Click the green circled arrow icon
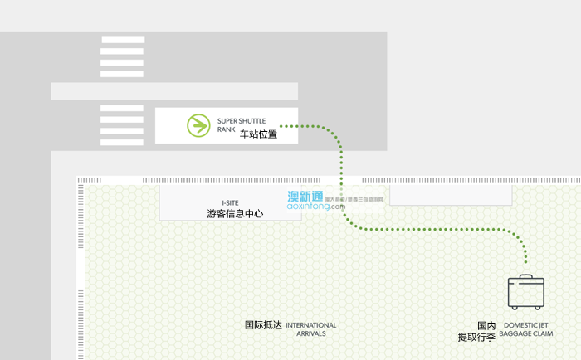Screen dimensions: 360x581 [198, 125]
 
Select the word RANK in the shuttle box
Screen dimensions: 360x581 [227, 129]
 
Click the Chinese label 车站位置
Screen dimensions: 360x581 [258, 134]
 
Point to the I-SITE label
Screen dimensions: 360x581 [232, 202]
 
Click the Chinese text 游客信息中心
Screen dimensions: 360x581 [235, 213]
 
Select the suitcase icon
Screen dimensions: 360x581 [526, 294]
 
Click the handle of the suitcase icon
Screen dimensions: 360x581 [526, 276]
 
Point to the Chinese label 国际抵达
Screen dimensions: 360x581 [263, 325]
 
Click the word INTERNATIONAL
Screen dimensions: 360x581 [311, 325]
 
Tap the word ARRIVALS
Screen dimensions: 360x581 [311, 334]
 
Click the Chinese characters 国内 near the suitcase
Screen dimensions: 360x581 [486, 326]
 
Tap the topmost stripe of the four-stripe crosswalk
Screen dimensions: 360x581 [122, 39]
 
